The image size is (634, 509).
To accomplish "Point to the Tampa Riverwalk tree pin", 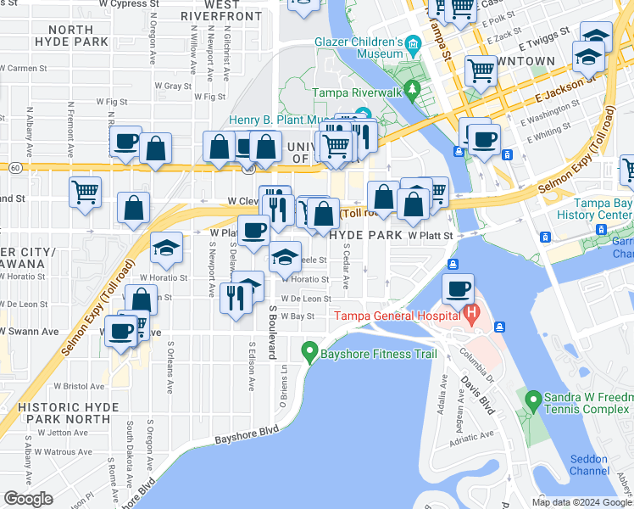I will pos(412,87).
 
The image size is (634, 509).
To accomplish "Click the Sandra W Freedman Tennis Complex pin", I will pos(532,399).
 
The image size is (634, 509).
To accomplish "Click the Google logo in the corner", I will pos(28,499).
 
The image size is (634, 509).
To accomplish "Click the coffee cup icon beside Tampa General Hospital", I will pos(459,289).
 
